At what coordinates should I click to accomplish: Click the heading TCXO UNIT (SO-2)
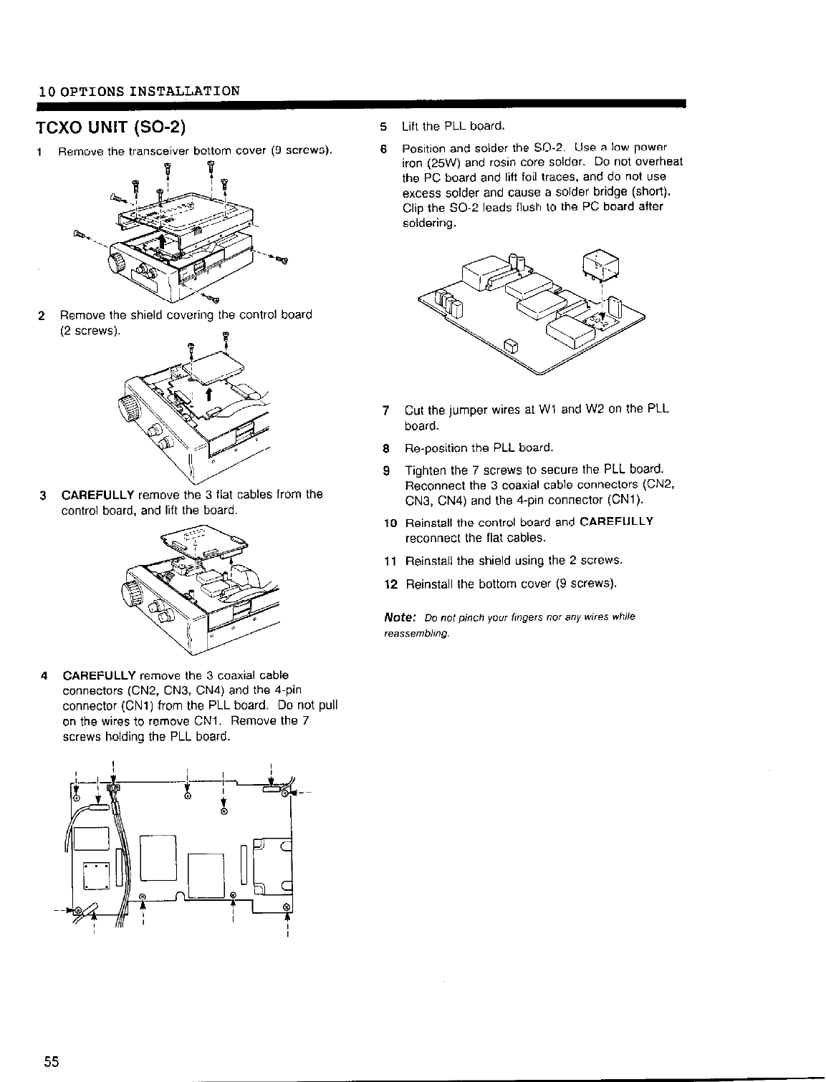click(x=110, y=128)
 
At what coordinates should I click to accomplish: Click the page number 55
click(x=50, y=1061)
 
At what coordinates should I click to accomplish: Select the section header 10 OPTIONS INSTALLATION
click(x=139, y=91)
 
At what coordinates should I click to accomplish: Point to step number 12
click(x=390, y=584)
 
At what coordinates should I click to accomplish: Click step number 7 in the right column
click(x=386, y=411)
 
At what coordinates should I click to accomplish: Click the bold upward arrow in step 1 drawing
click(x=164, y=243)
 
